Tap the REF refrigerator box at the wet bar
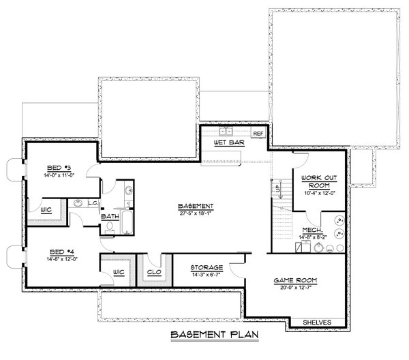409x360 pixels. (258, 134)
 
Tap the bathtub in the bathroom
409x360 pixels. (127, 198)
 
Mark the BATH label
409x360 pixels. (110, 216)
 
